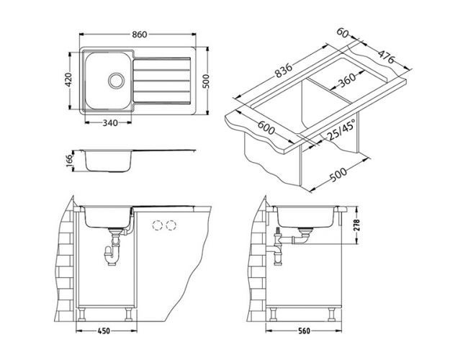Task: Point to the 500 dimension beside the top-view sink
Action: [x=207, y=81]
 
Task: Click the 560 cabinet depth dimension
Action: [x=305, y=333]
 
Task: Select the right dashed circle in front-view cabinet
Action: [x=171, y=225]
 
